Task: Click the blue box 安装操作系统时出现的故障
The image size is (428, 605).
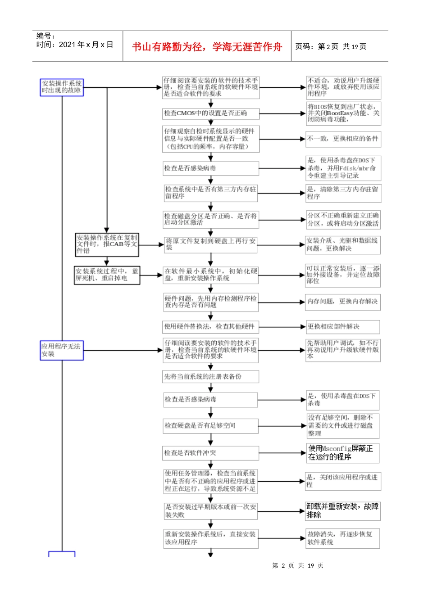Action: pyautogui.click(x=62, y=87)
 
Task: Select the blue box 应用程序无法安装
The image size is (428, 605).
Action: pyautogui.click(x=62, y=350)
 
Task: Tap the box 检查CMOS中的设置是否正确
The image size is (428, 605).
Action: pyautogui.click(x=211, y=113)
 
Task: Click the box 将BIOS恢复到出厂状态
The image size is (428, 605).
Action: pyautogui.click(x=343, y=113)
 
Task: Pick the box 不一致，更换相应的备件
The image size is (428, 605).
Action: pyautogui.click(x=343, y=139)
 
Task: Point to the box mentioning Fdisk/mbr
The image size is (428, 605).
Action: pyautogui.click(x=343, y=168)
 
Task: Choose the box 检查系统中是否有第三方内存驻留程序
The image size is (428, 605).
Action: pyautogui.click(x=211, y=193)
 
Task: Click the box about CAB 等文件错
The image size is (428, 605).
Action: pyautogui.click(x=107, y=244)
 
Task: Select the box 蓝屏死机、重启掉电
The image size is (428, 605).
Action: pyautogui.click(x=107, y=275)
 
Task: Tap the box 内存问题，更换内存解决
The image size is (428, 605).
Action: pyautogui.click(x=343, y=302)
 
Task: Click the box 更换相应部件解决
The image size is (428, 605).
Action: pyautogui.click(x=343, y=327)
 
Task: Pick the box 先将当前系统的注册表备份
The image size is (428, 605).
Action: pyautogui.click(x=211, y=377)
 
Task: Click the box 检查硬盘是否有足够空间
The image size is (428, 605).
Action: pyautogui.click(x=211, y=425)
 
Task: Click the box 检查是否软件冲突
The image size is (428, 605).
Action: pyautogui.click(x=211, y=453)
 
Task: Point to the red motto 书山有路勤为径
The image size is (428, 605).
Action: pyautogui.click(x=207, y=47)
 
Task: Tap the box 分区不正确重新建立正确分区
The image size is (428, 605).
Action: pyautogui.click(x=343, y=219)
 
